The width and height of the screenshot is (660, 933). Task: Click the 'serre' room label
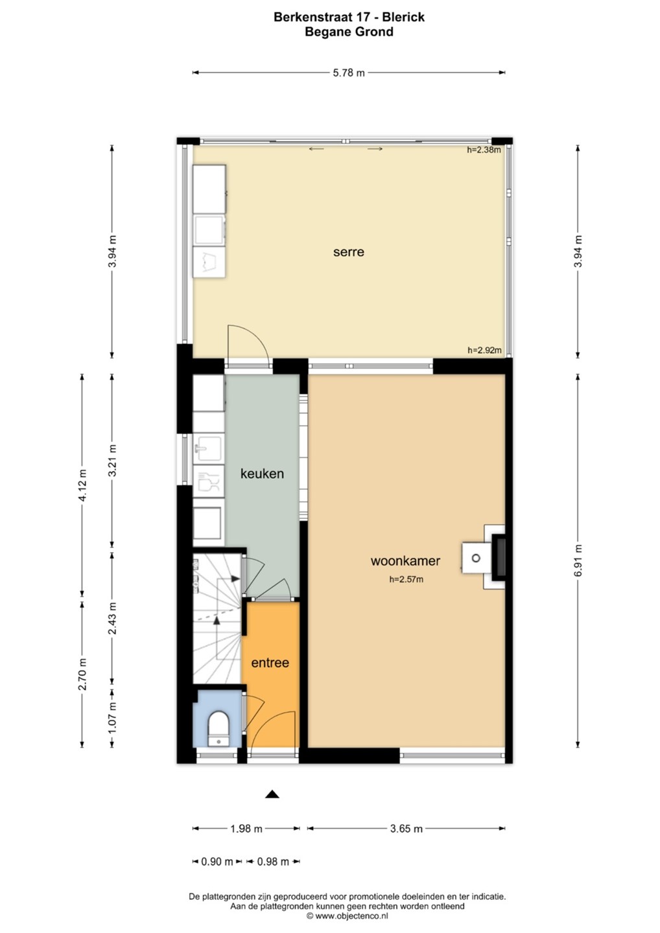point(348,252)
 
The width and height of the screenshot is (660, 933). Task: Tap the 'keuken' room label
point(262,474)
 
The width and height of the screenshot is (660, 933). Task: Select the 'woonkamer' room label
point(405,560)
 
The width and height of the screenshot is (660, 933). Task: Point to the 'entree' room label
point(270,663)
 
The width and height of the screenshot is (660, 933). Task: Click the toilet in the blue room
point(218,728)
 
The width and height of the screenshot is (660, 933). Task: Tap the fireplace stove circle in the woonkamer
point(476,558)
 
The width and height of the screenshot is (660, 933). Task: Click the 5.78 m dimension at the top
point(349,73)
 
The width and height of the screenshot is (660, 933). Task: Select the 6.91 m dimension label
point(578,560)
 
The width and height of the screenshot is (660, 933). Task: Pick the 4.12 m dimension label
point(82,486)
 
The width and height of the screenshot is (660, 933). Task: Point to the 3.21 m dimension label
point(112,461)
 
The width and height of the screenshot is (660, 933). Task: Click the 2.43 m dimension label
point(112,619)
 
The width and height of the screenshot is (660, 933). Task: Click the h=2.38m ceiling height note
point(484,150)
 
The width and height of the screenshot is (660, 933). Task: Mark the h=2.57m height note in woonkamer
point(407,579)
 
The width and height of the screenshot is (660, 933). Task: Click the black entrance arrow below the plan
point(272,794)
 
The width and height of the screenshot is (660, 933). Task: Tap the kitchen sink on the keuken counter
point(209,449)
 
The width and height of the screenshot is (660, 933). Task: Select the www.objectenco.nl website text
point(351,916)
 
